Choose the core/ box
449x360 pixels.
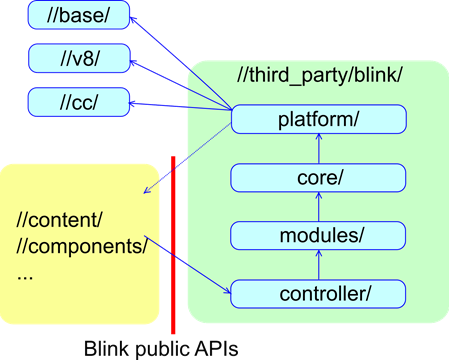[319, 178]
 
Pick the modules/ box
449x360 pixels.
[319, 235]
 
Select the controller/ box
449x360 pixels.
[319, 293]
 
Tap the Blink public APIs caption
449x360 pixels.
[160, 347]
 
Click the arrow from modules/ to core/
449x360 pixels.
[319, 207]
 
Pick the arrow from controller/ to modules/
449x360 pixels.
[319, 264]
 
